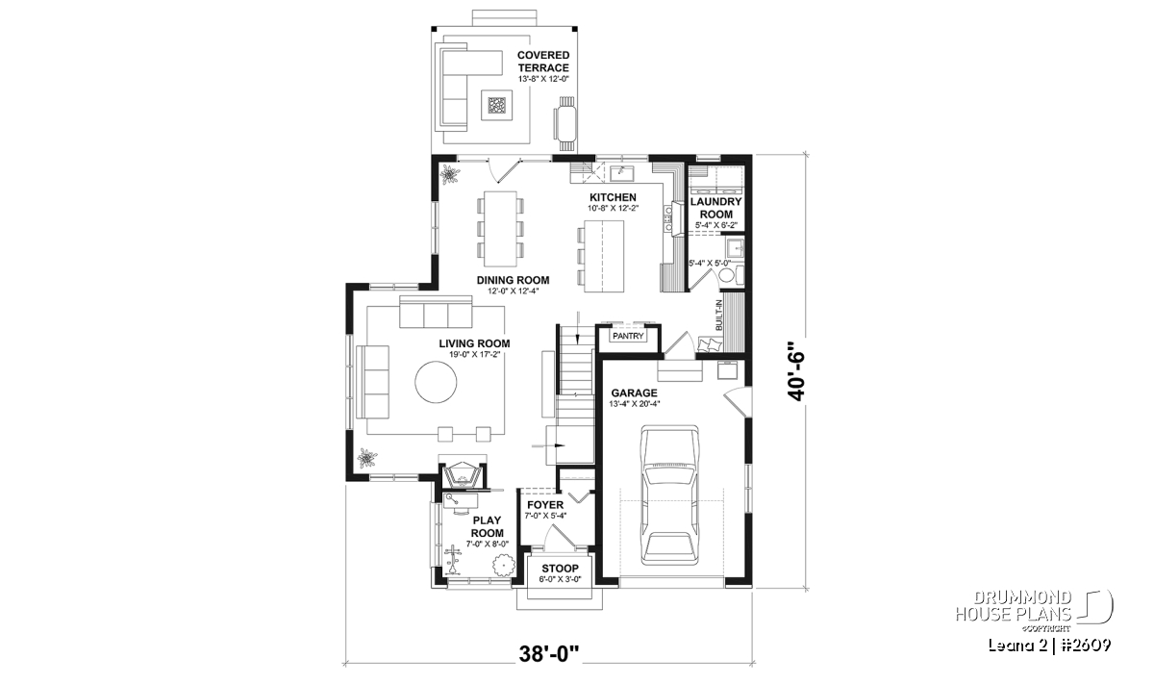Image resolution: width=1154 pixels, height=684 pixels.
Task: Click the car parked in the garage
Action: (669, 494)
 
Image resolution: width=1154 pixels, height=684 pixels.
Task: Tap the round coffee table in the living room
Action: (436, 382)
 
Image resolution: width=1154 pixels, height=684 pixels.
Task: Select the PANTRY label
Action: (628, 336)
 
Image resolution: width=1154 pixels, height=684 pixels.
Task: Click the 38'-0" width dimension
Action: (549, 654)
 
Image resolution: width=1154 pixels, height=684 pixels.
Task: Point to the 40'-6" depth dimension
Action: (796, 370)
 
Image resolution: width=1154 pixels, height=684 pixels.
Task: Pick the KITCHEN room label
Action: (613, 197)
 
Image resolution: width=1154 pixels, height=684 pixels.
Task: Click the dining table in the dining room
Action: (500, 229)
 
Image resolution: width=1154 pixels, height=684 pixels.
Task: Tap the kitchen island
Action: (604, 256)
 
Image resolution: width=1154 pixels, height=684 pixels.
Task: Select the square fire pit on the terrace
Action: (497, 105)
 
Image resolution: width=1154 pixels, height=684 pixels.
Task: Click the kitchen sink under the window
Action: (622, 173)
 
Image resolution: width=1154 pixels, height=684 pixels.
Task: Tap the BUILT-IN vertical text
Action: (718, 315)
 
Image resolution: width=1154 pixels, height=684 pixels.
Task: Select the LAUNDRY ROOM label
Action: (716, 208)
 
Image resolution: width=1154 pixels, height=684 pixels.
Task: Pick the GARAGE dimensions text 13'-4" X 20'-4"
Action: (634, 404)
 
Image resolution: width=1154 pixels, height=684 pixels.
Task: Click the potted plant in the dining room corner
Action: (449, 175)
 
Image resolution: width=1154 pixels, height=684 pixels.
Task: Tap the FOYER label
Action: (545, 505)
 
